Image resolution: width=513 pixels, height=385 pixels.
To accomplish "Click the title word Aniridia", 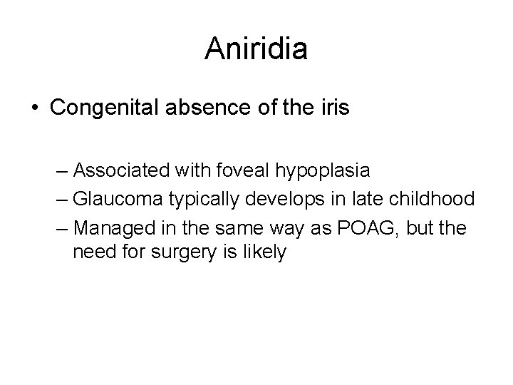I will (256, 48).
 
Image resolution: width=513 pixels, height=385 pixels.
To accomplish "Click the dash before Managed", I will (61, 230).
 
